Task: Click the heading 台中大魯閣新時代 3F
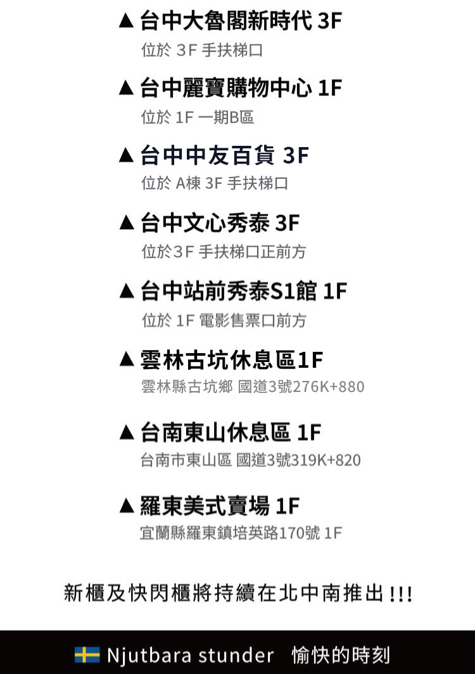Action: (x=241, y=21)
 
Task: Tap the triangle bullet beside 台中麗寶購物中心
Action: (x=127, y=88)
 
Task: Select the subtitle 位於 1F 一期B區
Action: (x=198, y=117)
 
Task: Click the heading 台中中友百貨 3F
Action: (x=225, y=155)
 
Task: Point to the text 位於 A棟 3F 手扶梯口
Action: (x=215, y=184)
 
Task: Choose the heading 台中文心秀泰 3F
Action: (x=220, y=223)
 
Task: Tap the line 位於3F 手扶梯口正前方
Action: (x=224, y=252)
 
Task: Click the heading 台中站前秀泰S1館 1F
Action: (x=244, y=292)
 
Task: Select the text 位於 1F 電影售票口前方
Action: (x=224, y=321)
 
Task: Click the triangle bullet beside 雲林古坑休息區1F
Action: (x=127, y=361)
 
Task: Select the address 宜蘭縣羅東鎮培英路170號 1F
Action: (x=241, y=533)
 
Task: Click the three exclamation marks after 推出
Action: (x=401, y=595)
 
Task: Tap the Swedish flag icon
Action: (x=87, y=654)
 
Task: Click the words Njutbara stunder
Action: (x=190, y=654)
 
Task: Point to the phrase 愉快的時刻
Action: (x=341, y=654)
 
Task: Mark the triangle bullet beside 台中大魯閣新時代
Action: (x=127, y=22)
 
